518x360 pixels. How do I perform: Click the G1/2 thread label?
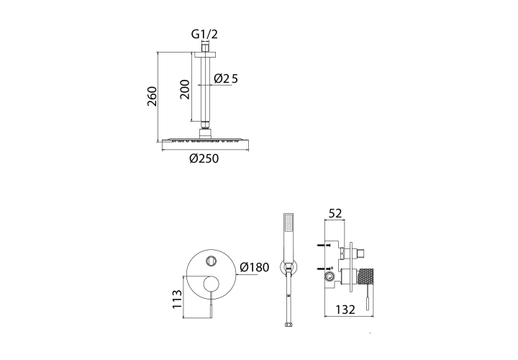[204, 34]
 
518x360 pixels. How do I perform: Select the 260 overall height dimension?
[152, 96]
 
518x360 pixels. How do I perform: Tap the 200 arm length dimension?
[185, 89]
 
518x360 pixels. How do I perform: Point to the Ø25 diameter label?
[226, 78]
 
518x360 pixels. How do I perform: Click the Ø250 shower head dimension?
[204, 158]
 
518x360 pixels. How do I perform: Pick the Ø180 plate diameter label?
[255, 267]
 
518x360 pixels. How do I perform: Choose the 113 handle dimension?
[178, 300]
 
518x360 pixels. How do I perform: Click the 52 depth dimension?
[335, 213]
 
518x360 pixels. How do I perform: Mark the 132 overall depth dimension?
[345, 310]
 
